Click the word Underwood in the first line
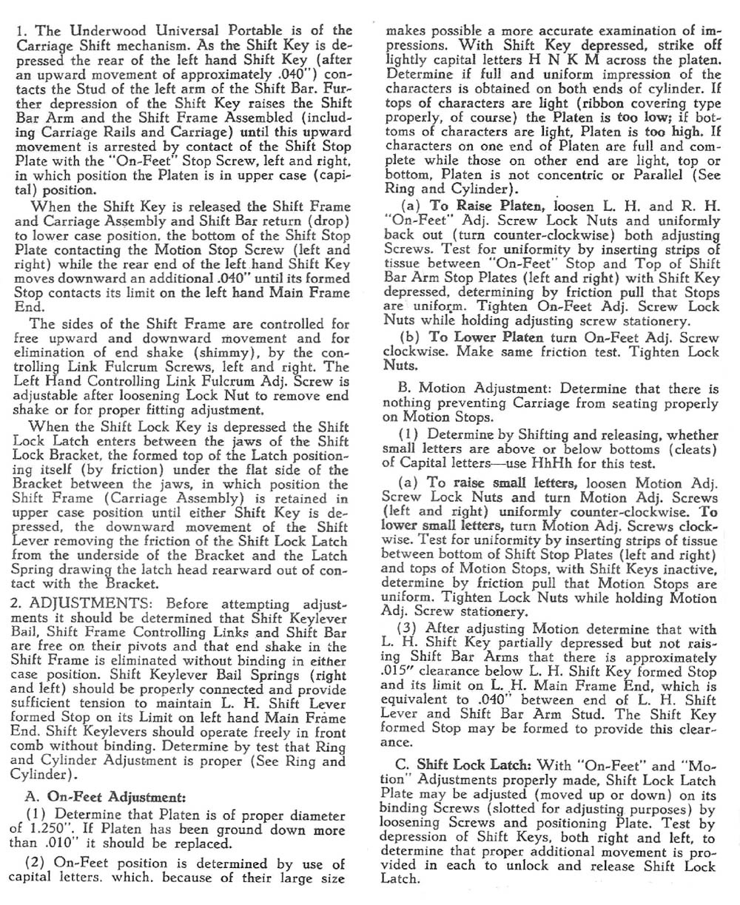104,30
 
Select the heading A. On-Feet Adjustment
101,797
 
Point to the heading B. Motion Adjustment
475,389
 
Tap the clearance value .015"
400,673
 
